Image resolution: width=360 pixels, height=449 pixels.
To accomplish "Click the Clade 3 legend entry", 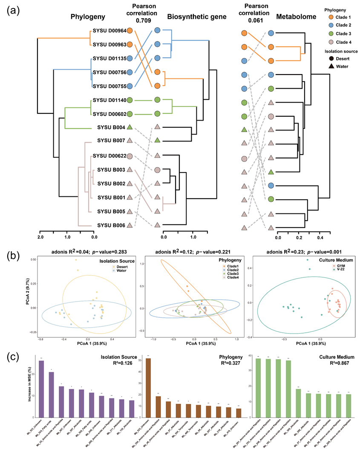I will pos(340,33).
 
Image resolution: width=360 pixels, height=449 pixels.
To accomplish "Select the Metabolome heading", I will pos(296,17).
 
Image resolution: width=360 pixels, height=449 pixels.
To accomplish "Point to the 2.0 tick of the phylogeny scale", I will pos(41,237).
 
